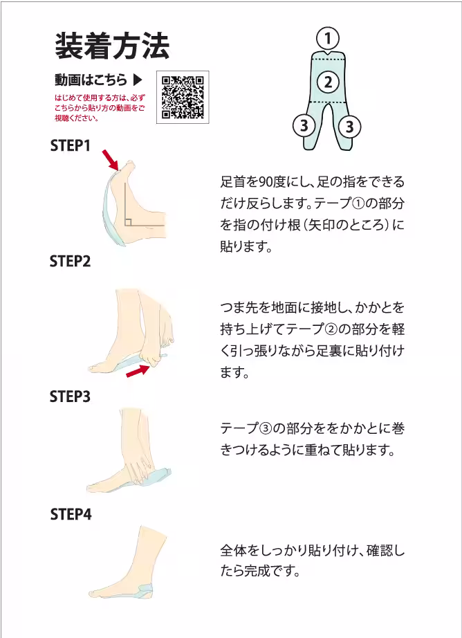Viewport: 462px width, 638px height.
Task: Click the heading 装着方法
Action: pos(112,46)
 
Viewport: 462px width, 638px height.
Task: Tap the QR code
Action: pos(183,98)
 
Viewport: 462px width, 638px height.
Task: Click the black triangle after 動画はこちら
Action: pos(138,80)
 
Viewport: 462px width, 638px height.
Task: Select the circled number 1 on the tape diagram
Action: pos(328,39)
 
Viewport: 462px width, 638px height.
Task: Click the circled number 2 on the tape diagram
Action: pos(328,82)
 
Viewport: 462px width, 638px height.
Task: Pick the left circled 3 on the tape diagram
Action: pos(304,126)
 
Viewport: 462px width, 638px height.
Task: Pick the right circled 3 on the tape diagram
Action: pos(350,127)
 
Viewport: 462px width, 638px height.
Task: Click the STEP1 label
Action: pos(71,146)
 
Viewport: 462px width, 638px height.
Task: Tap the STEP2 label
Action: pos(71,262)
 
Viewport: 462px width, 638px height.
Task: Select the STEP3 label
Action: pos(71,397)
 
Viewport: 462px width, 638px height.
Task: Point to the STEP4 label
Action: pos(71,514)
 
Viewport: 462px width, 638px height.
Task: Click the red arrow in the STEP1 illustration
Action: pos(111,159)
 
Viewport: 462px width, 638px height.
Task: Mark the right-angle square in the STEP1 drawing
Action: pos(128,222)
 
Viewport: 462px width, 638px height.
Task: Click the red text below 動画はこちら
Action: pos(100,108)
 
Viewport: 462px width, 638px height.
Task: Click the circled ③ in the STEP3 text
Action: pos(265,428)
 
